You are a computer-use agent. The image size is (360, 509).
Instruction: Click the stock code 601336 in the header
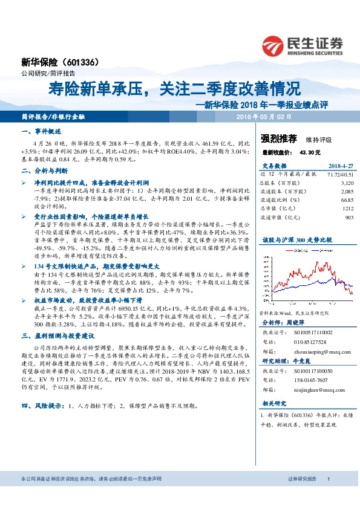[x=80, y=62]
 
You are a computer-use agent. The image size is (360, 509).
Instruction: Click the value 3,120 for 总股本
[x=347, y=182]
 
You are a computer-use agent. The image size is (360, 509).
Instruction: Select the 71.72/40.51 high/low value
[x=339, y=173]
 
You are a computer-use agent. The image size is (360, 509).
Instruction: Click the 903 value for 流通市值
[x=349, y=216]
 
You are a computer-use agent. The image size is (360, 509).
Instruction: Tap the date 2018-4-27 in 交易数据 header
[x=340, y=165]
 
